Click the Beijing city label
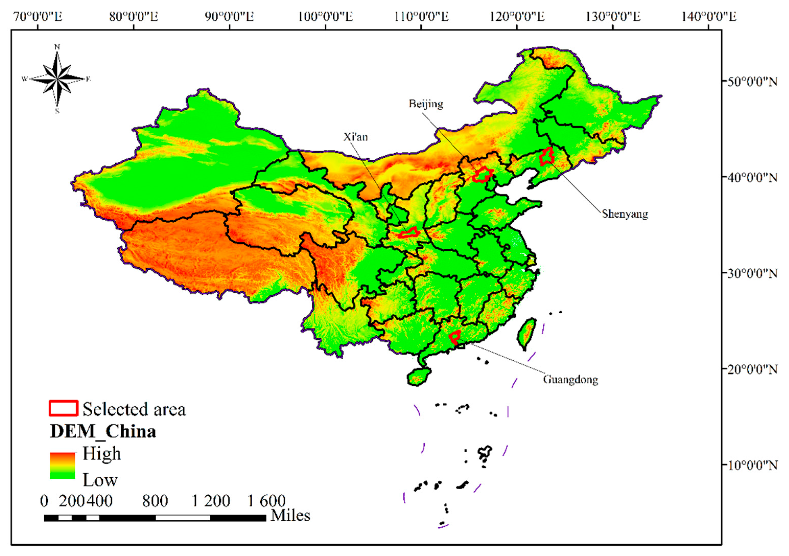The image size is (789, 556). tap(426, 104)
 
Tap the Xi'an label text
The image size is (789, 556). tap(355, 137)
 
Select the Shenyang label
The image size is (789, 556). tap(625, 214)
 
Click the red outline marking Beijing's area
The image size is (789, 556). tap(482, 175)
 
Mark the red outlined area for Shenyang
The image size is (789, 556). tap(546, 157)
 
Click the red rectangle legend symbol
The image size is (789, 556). tap(64, 408)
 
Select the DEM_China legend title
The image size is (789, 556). tap(103, 432)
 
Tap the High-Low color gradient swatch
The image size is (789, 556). tap(63, 466)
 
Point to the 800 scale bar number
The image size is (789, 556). tap(155, 501)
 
